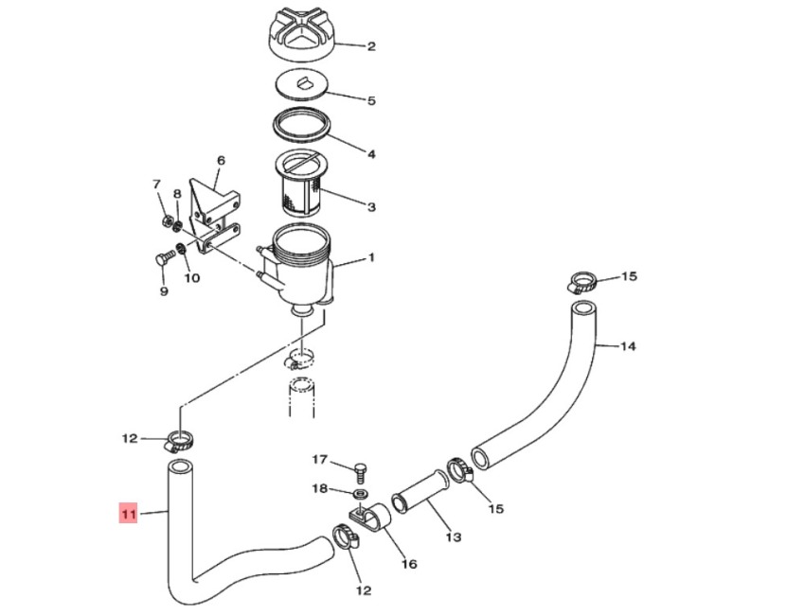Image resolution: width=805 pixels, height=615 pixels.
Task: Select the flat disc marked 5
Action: pos(300,85)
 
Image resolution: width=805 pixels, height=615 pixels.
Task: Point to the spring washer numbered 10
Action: pos(182,253)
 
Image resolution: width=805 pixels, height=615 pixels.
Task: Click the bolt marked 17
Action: pos(359,470)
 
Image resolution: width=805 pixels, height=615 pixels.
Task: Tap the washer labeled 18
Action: pos(360,493)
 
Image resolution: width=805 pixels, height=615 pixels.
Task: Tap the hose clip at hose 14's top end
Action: pos(583,281)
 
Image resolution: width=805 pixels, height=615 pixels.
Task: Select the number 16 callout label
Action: pos(408,565)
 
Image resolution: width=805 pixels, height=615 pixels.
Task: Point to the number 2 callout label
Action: pos(371,46)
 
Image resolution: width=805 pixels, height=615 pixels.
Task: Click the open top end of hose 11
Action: pos(180,466)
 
